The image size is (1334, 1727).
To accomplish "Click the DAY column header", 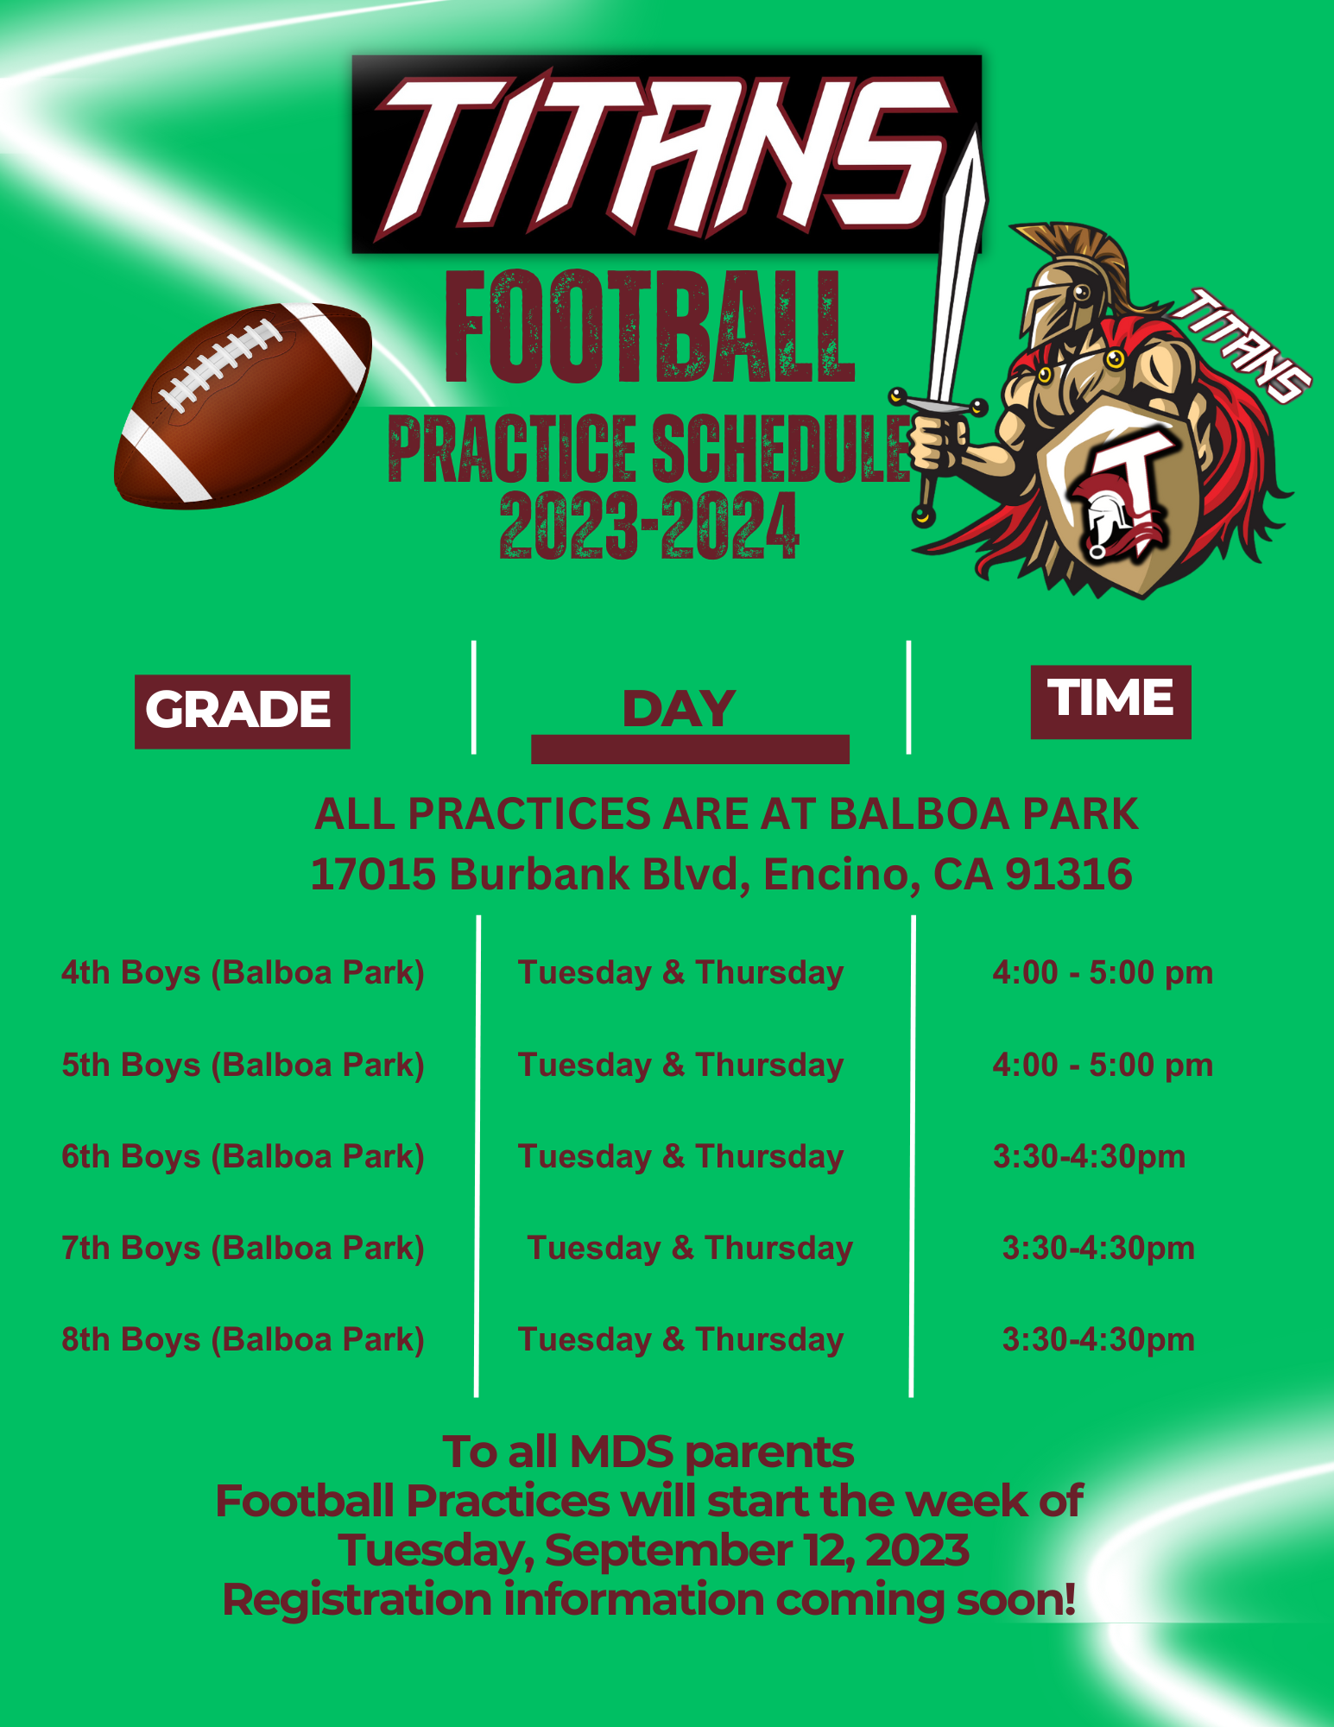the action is (680, 709).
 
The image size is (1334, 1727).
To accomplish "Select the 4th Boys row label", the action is (243, 973).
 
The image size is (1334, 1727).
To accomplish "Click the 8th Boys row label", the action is (243, 1340).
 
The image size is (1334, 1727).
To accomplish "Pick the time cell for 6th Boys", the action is (1089, 1157).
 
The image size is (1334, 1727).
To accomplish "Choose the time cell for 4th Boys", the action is (1103, 973).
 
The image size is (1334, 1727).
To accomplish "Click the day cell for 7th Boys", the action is (690, 1249).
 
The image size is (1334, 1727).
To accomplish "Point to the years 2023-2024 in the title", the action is (649, 525).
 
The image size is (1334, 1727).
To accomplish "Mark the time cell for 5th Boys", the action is (1103, 1066).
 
